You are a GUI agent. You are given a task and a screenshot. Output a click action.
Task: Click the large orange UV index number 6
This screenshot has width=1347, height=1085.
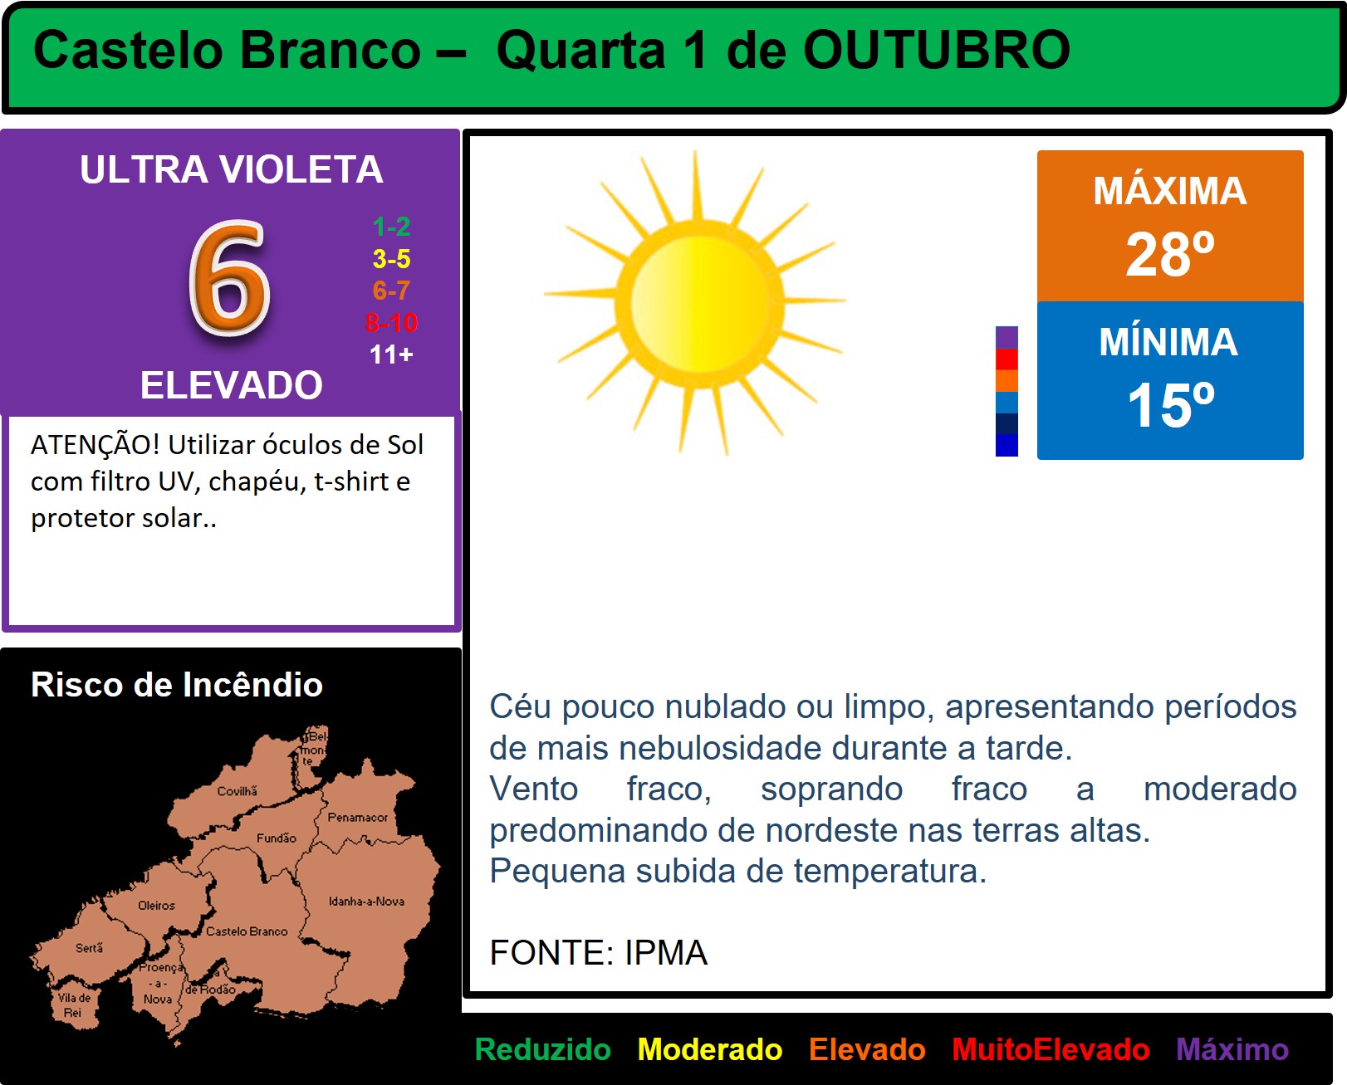pyautogui.click(x=230, y=278)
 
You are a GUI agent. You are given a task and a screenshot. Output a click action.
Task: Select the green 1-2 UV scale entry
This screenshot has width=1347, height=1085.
pyautogui.click(x=391, y=227)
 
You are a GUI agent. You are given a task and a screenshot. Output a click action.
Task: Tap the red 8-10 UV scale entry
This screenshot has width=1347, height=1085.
pyautogui.click(x=391, y=323)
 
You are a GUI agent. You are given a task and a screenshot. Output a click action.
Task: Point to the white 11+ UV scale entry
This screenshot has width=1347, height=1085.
pyautogui.click(x=391, y=354)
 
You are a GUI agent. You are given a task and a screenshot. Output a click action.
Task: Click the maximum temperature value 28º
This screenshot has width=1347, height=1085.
pyautogui.click(x=1170, y=254)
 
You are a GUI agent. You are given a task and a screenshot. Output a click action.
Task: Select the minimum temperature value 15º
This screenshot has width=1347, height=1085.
pyautogui.click(x=1170, y=405)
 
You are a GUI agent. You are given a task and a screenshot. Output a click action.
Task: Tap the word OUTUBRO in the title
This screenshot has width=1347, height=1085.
pyautogui.click(x=937, y=50)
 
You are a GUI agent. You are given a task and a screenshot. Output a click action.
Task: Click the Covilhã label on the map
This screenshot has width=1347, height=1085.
pyautogui.click(x=237, y=791)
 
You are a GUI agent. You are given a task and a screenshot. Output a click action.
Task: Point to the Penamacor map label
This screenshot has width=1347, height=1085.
pyautogui.click(x=357, y=817)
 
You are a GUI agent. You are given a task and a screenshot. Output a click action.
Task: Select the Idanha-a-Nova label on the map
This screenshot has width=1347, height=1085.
pyautogui.click(x=366, y=901)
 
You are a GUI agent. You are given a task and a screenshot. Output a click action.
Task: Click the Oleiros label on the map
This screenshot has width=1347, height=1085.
pyautogui.click(x=156, y=906)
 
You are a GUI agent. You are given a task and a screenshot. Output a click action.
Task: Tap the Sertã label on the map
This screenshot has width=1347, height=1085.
pyautogui.click(x=89, y=948)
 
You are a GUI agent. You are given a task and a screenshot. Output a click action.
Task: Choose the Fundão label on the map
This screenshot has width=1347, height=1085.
pyautogui.click(x=276, y=838)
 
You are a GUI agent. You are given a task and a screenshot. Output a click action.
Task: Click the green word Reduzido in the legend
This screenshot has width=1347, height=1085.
pyautogui.click(x=542, y=1049)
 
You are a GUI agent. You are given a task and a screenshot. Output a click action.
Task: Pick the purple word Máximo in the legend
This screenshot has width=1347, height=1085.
pyautogui.click(x=1232, y=1049)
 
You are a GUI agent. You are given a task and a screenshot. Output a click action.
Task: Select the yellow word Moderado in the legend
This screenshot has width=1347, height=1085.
pyautogui.click(x=710, y=1049)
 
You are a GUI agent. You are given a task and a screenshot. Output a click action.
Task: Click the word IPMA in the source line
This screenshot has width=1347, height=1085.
pyautogui.click(x=666, y=953)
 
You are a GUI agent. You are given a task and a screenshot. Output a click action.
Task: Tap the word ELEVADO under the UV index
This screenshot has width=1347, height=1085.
pyautogui.click(x=231, y=384)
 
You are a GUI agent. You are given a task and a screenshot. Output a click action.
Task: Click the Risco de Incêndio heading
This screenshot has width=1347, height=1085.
pyautogui.click(x=177, y=684)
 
